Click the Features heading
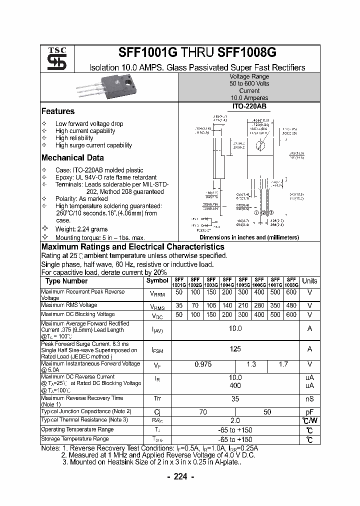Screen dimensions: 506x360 pos(58,111)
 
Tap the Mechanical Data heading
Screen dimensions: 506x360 pos(72,158)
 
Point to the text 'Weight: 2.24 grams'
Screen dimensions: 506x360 pos(82,229)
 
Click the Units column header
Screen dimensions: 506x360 pos(309,281)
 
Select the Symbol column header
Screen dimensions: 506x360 pos(156,281)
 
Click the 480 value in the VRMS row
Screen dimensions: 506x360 pos(291,305)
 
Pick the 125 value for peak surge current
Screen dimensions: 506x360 pos(235,349)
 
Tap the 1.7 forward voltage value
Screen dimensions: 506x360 pos(283,364)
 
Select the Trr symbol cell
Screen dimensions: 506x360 pos(156,400)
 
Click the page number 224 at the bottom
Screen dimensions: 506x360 pos(180,477)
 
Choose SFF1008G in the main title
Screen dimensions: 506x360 pos(247,53)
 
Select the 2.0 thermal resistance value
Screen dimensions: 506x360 pos(235,420)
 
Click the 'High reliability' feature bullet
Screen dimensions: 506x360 pos(74,138)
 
